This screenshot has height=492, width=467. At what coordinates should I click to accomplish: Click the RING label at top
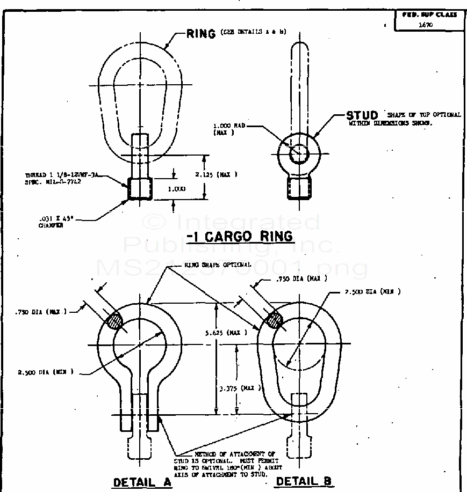201,33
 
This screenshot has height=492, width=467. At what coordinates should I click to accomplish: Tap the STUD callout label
362,115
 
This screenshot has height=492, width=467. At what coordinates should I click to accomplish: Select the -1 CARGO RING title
240,236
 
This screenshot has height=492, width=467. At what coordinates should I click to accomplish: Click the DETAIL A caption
142,482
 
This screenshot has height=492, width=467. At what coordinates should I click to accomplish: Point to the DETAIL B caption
304,481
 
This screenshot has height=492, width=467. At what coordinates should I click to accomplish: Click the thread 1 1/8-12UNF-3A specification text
63,178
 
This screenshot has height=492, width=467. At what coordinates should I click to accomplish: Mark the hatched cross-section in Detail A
115,321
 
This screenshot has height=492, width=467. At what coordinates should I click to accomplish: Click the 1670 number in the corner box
426,25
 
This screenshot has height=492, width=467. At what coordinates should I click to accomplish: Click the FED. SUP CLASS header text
429,14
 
